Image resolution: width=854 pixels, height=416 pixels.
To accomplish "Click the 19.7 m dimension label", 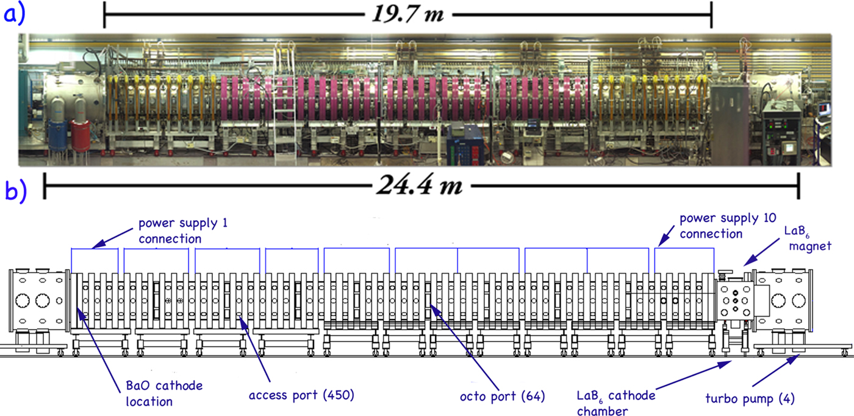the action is click(407, 14).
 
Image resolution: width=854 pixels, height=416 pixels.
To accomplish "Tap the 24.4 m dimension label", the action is click(420, 185).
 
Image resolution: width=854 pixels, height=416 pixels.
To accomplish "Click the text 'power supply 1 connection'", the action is click(183, 231).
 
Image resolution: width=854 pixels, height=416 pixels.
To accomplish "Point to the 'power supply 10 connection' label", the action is click(728, 226).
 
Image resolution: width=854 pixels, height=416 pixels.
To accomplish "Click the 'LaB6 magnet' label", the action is click(808, 238).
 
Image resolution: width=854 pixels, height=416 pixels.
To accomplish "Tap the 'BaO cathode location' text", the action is click(164, 393).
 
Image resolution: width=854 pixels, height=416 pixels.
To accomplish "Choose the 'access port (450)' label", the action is click(301, 395).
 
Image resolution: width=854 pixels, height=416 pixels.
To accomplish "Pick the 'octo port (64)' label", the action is click(503, 396).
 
